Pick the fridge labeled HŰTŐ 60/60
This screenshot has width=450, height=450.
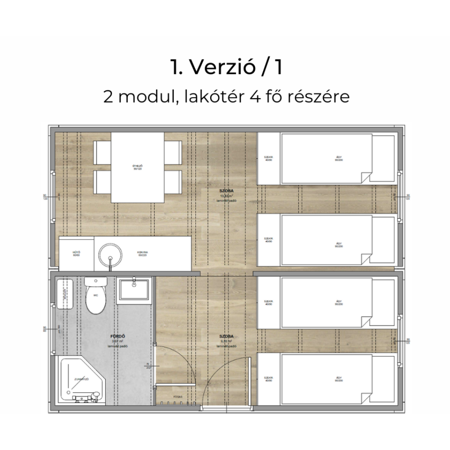[x=76, y=254]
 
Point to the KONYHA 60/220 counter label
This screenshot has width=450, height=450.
[x=143, y=254]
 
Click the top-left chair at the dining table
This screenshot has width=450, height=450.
[x=102, y=153]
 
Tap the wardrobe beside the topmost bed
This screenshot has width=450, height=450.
[x=268, y=158]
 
